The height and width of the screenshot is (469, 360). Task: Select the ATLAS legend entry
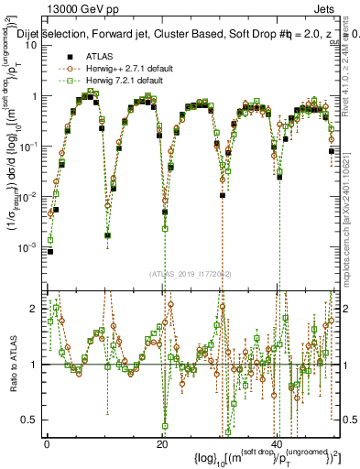(x=99, y=56)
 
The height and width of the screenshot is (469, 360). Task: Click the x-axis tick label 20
(x=162, y=444)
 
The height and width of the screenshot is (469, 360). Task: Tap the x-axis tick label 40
(x=278, y=444)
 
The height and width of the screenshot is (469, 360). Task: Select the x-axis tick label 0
(x=47, y=444)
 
